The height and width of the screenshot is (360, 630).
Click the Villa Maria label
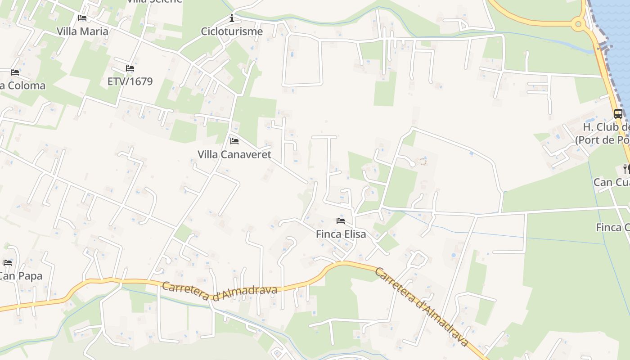82,31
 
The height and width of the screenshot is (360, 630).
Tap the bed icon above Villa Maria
82,18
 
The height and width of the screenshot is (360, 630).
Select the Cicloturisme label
232,31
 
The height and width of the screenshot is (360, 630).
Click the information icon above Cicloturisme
232,18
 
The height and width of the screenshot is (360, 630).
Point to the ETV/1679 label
130,81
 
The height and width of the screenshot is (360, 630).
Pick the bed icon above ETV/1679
130,68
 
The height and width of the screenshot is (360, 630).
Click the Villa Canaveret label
234,154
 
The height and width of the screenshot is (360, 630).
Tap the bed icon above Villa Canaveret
234,141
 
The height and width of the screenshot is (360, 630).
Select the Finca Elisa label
341,234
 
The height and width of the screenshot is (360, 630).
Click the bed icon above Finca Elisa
341,221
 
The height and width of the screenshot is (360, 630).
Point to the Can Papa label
21,276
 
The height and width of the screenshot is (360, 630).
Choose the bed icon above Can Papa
8,263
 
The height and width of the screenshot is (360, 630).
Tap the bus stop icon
618,114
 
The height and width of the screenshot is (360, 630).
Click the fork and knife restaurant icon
626,169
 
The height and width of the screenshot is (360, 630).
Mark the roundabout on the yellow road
578,24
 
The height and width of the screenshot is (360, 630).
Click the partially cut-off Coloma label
23,85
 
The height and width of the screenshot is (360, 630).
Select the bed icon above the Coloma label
15,72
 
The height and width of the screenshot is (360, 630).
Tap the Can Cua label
611,182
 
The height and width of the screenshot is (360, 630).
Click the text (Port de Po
602,140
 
